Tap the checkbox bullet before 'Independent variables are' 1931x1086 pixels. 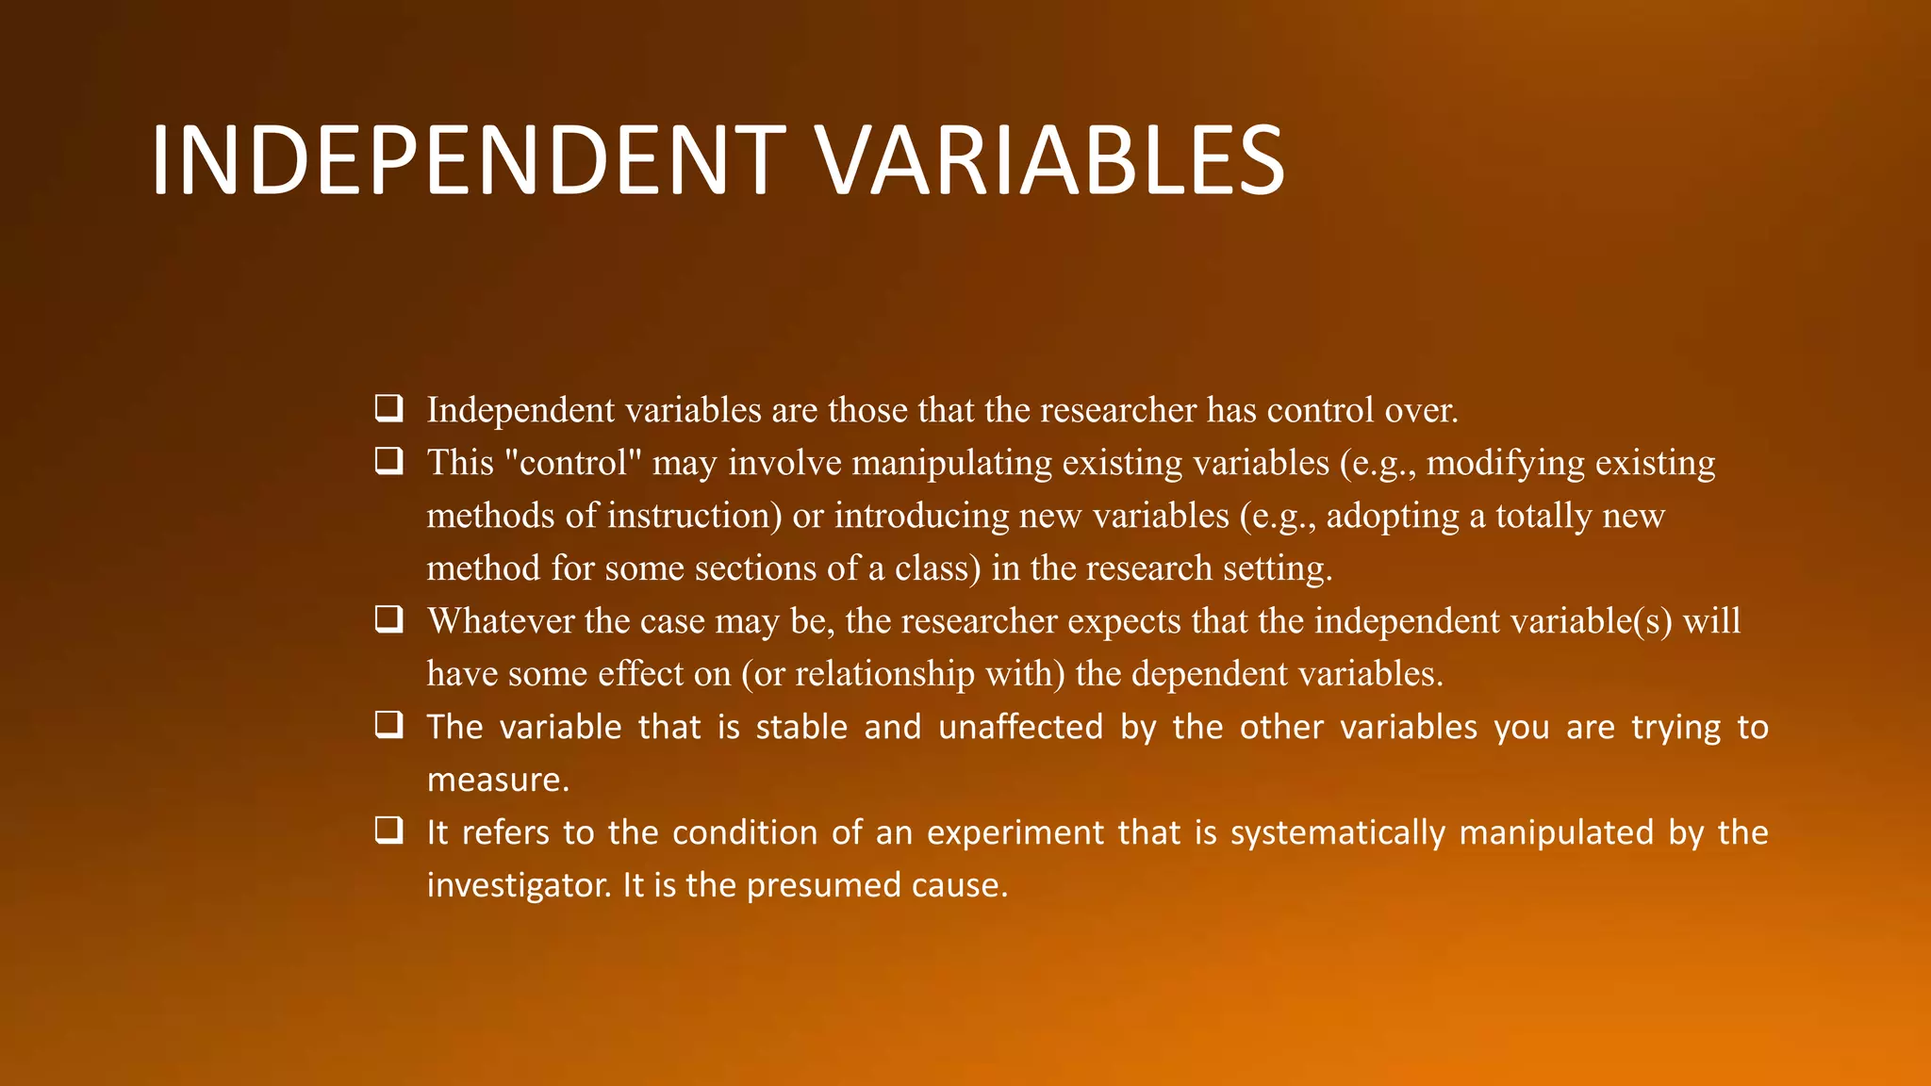388,408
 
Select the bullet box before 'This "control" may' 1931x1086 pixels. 388,461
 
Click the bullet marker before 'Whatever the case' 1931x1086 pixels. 388,619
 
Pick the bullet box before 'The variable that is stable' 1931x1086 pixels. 388,725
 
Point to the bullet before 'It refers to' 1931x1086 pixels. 388,831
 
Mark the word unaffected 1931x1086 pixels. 1020,727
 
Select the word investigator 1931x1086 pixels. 519,885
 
